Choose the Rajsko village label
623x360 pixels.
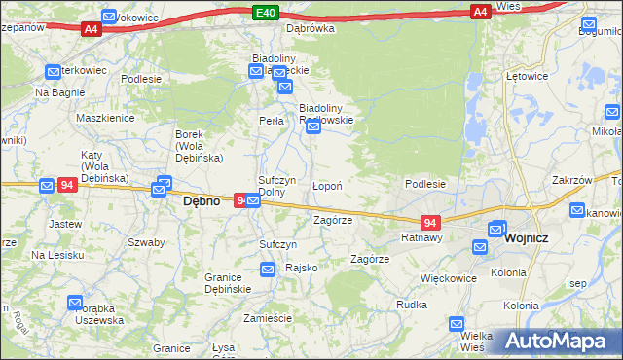(300, 267)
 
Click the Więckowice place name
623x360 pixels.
(448, 278)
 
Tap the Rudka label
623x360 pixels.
(412, 305)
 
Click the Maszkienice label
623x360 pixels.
(105, 118)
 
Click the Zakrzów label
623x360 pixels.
(571, 180)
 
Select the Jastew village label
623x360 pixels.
(64, 223)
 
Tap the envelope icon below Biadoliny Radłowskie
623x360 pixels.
(313, 127)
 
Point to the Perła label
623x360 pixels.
(271, 122)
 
